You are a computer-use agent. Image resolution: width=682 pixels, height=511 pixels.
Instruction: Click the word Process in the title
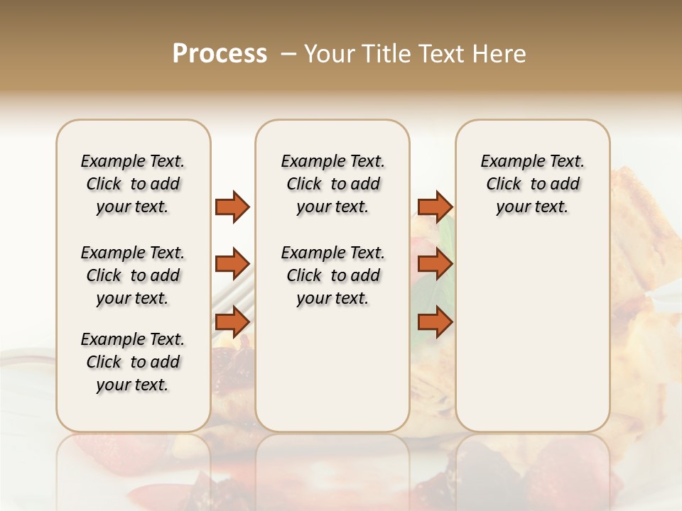[219, 54]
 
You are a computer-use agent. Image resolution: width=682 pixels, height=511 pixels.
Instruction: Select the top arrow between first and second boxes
[232, 207]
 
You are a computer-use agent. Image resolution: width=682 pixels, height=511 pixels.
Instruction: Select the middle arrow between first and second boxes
[232, 265]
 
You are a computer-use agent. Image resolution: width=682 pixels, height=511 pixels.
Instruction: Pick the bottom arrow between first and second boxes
[232, 322]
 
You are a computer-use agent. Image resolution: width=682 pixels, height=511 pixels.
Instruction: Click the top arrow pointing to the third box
[435, 207]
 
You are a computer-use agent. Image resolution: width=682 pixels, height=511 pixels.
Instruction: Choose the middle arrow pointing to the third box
[435, 265]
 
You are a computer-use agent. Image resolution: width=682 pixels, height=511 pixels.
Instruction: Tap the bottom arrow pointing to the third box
[435, 322]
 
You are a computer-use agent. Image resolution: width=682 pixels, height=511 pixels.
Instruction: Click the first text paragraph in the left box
[133, 184]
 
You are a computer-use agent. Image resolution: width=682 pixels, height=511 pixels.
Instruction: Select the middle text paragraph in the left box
[133, 275]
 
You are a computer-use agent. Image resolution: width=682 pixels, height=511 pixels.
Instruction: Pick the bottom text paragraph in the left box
[133, 362]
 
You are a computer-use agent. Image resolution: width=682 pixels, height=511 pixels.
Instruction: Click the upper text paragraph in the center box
[332, 184]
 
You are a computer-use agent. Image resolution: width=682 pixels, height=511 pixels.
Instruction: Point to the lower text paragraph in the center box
[332, 275]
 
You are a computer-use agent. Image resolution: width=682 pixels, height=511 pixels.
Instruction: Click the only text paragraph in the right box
[532, 184]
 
